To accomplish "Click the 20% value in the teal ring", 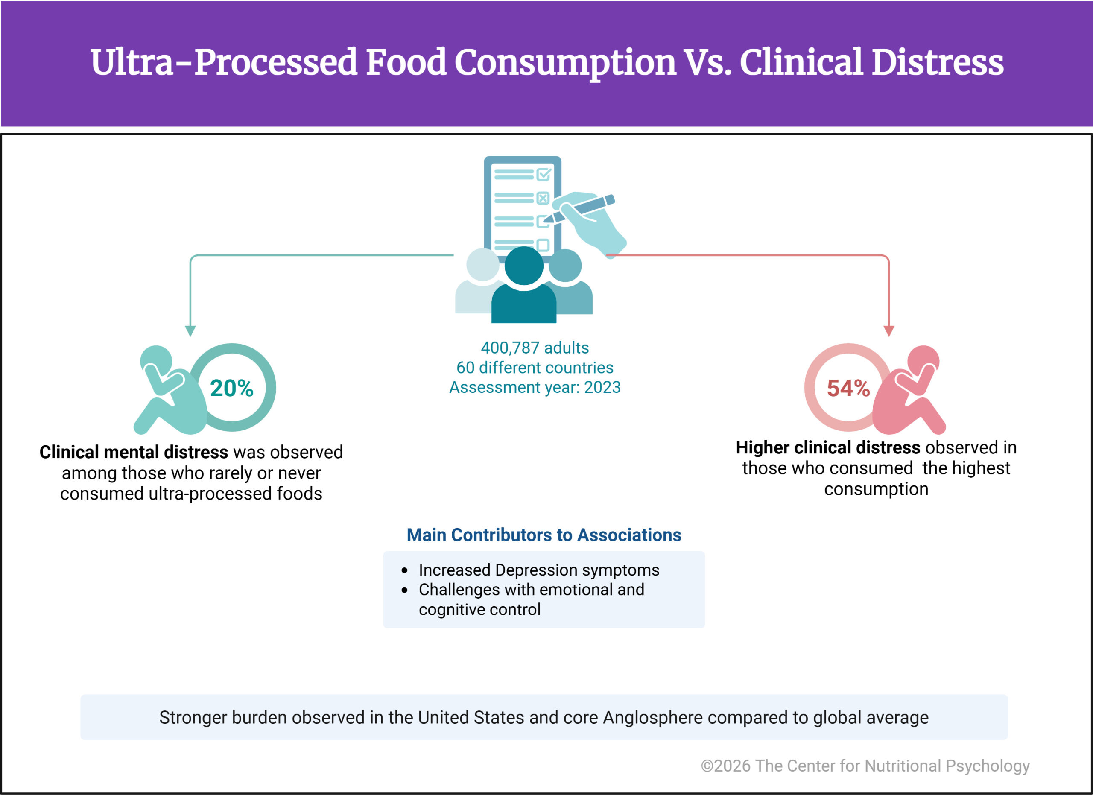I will tap(231, 388).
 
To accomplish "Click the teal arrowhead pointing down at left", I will tap(190, 330).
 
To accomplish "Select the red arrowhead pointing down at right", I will tap(888, 330).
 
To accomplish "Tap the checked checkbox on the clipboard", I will tap(544, 174).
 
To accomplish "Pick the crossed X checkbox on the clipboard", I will tap(543, 198).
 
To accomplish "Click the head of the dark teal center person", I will tap(523, 266).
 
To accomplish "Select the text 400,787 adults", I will tap(535, 348).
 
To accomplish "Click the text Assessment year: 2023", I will tap(535, 387).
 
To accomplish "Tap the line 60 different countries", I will tap(535, 368).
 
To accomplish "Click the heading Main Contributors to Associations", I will tap(544, 535).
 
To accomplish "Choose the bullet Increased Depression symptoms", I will tap(538, 570).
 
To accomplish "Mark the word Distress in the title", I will tap(937, 63).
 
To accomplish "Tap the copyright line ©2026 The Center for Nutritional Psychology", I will tap(865, 766).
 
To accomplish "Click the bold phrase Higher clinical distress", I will tap(827, 447).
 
